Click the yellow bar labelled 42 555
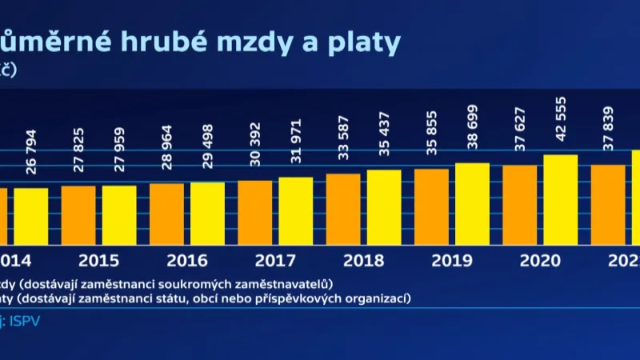560,199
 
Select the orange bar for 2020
519,205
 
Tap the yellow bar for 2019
472,203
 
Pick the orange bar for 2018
343,209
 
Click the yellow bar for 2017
296,210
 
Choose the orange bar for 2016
166,214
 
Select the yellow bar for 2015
119,214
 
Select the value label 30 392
255,148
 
